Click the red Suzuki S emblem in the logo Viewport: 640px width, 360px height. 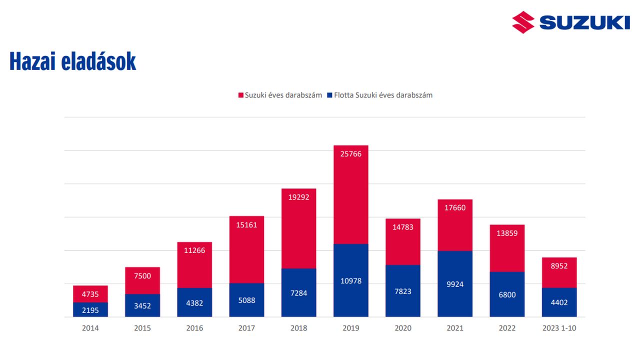[523, 22]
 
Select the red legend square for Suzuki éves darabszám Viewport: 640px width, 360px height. [240, 95]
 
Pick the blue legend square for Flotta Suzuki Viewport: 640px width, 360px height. [329, 95]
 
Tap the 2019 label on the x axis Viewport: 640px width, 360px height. [350, 328]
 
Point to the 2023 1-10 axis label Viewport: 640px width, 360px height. [559, 328]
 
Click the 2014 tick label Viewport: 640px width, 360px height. [90, 328]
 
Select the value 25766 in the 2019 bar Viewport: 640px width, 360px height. [350, 154]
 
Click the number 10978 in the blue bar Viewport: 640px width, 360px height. [350, 281]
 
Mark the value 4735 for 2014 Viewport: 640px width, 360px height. [90, 294]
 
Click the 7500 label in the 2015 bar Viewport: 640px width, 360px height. [142, 276]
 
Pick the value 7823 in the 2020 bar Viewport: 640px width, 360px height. [403, 291]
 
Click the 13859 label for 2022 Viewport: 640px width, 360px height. [507, 233]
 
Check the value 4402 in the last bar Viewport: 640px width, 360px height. [559, 302]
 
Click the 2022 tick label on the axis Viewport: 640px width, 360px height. [507, 328]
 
